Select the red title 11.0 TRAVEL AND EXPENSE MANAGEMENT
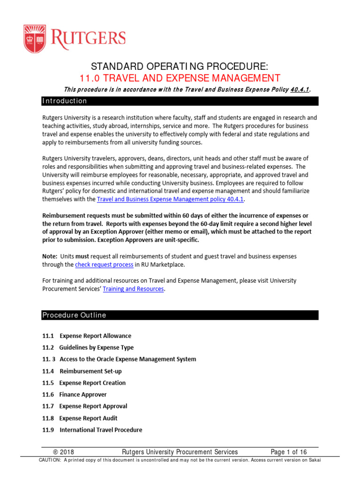(x=180, y=78)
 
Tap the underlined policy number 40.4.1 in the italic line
(x=300, y=90)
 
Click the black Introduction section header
(x=65, y=101)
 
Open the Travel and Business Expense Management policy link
(x=171, y=200)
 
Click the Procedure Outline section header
(x=74, y=315)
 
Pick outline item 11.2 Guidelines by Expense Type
(x=88, y=347)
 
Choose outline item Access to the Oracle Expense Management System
(x=128, y=359)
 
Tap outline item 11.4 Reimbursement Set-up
(x=82, y=371)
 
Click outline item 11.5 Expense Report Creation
(x=84, y=382)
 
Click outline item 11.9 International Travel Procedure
(x=92, y=430)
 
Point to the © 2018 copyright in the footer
(x=63, y=452)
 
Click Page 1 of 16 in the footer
(x=289, y=452)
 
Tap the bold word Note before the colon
(x=49, y=256)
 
